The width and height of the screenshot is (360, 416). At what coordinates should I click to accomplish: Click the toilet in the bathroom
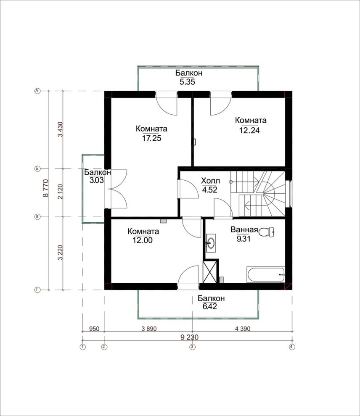click(x=266, y=232)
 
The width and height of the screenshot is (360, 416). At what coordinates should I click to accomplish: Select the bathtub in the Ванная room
click(x=266, y=275)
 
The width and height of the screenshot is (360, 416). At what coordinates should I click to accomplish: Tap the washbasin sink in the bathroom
click(x=211, y=243)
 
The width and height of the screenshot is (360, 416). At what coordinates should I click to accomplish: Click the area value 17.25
click(x=151, y=138)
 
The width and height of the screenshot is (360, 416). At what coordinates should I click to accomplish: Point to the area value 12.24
click(x=249, y=130)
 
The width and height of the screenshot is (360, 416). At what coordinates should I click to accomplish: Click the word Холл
click(x=211, y=181)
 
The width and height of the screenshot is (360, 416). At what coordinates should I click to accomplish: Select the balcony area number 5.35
click(x=188, y=82)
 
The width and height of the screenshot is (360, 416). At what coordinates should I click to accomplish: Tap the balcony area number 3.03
click(x=97, y=180)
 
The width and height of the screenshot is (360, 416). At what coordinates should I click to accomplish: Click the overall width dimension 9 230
click(x=190, y=337)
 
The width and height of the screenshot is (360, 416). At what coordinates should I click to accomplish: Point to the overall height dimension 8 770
click(x=46, y=188)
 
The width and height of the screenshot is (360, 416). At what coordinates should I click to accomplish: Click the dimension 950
click(x=94, y=329)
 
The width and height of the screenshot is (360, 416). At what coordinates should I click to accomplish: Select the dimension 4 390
click(x=243, y=329)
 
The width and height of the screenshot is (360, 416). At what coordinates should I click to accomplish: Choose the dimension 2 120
click(x=61, y=192)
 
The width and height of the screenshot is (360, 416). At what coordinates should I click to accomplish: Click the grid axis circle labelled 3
click(x=193, y=347)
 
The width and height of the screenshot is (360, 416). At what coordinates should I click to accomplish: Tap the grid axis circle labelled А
click(x=37, y=91)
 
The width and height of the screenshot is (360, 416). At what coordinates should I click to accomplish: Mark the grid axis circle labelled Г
click(x=37, y=290)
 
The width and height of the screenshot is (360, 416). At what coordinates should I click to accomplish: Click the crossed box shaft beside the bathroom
click(x=209, y=272)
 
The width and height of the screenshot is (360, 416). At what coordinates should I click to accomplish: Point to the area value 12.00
click(x=143, y=240)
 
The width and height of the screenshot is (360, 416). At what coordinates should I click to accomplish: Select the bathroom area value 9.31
click(x=244, y=239)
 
